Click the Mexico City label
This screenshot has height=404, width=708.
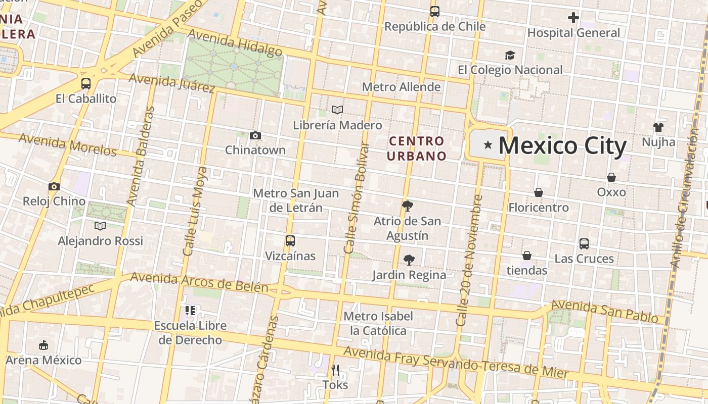pyautogui.click(x=562, y=146)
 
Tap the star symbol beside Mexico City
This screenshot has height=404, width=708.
pyautogui.click(x=488, y=145)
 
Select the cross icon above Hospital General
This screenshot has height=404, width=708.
pyautogui.click(x=573, y=18)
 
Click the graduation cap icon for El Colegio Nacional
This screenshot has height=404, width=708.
pyautogui.click(x=510, y=55)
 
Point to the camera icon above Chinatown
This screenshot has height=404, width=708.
pyautogui.click(x=255, y=135)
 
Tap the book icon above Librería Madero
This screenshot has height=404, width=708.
pyautogui.click(x=337, y=110)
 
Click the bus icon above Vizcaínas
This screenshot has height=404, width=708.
pyautogui.click(x=290, y=241)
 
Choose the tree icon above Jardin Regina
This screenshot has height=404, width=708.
pyautogui.click(x=409, y=260)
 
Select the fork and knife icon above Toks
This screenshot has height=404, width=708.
pyautogui.click(x=335, y=370)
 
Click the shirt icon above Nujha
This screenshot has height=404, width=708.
pyautogui.click(x=658, y=127)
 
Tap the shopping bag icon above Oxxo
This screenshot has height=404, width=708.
pyautogui.click(x=611, y=177)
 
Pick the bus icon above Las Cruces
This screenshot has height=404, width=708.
pyautogui.click(x=584, y=244)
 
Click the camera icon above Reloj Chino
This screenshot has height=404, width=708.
pyautogui.click(x=54, y=186)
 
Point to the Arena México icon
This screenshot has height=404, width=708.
pyautogui.click(x=43, y=345)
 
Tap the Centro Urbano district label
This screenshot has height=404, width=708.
pyautogui.click(x=417, y=148)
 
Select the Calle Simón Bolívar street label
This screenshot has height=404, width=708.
pyautogui.click(x=357, y=198)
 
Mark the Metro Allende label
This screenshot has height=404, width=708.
pyautogui.click(x=401, y=87)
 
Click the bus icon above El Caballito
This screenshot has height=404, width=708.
pyautogui.click(x=86, y=84)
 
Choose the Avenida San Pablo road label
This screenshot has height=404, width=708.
pyautogui.click(x=607, y=312)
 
